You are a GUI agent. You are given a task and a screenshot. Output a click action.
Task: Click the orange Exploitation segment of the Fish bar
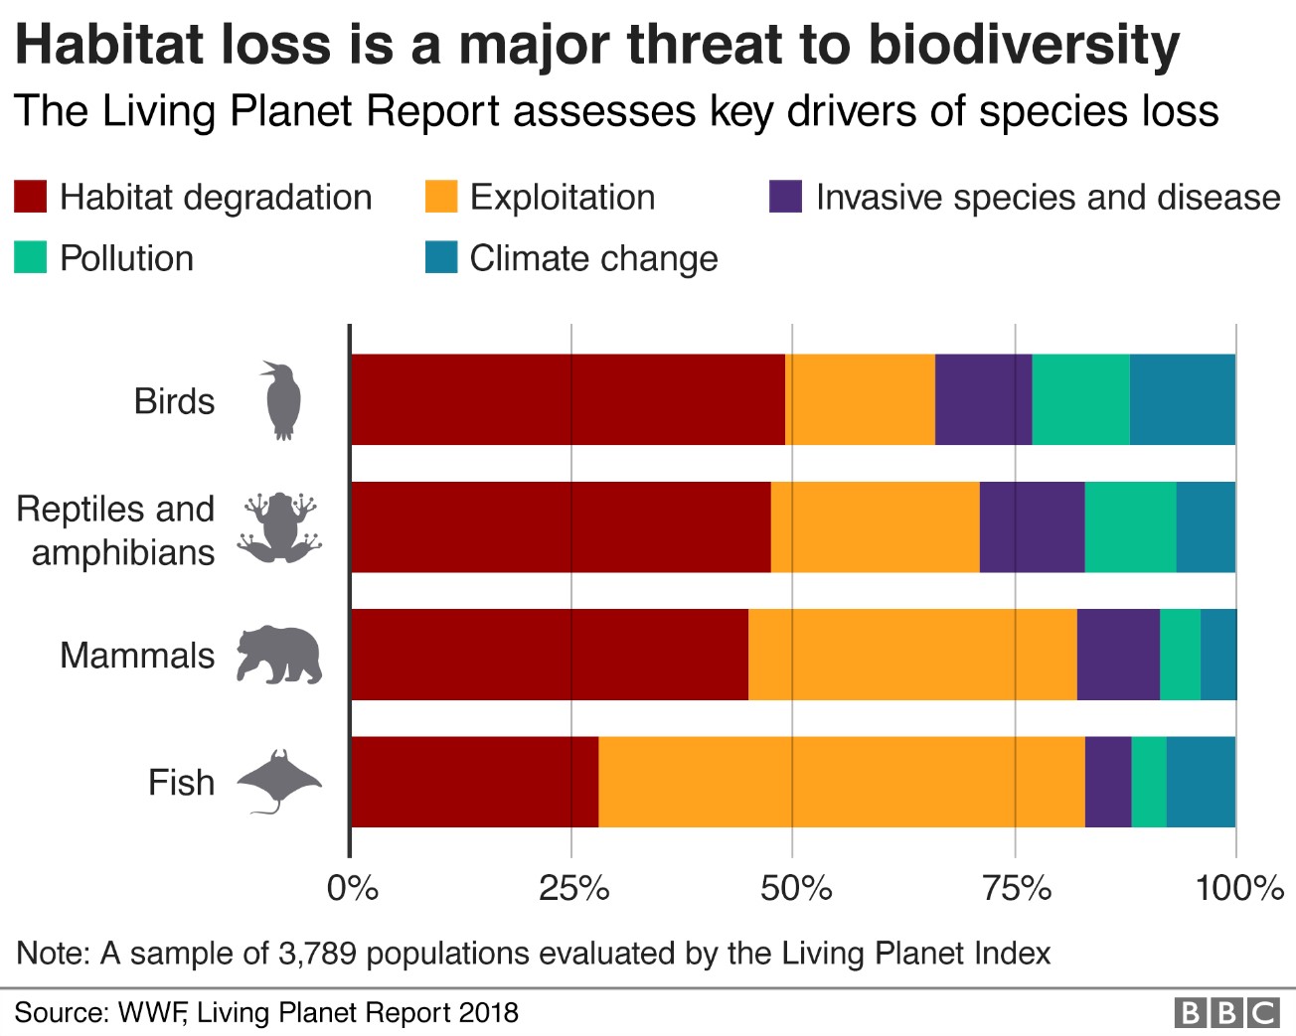coord(841,782)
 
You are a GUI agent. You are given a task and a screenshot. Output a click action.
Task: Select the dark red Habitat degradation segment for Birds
coord(567,399)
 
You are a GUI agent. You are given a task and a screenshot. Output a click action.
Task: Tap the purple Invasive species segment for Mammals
coord(1118,655)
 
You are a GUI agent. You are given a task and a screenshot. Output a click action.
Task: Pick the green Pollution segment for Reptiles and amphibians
coord(1130,527)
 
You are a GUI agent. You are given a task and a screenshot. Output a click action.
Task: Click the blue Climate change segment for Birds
coord(1182,399)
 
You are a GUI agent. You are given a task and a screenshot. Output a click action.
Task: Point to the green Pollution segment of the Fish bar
coord(1149,782)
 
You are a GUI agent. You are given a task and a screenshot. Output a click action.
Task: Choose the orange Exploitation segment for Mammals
coord(912,655)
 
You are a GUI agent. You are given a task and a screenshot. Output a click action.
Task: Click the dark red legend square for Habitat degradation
coord(31,197)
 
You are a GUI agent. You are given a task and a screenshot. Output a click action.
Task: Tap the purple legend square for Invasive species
coord(785,197)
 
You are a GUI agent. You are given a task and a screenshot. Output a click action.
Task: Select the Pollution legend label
coord(126,258)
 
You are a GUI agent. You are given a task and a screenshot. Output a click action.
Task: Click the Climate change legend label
coord(593,258)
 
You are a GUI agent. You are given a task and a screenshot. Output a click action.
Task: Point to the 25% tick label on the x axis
coord(573,888)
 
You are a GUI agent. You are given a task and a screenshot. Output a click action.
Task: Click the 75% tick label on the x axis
coord(1017,888)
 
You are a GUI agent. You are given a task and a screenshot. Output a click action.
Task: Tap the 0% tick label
coord(352,888)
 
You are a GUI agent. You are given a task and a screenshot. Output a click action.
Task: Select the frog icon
coord(279,527)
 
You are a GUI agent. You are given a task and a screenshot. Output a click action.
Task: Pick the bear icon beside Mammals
coord(279,656)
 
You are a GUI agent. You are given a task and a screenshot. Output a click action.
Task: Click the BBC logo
coord(1226,1012)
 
